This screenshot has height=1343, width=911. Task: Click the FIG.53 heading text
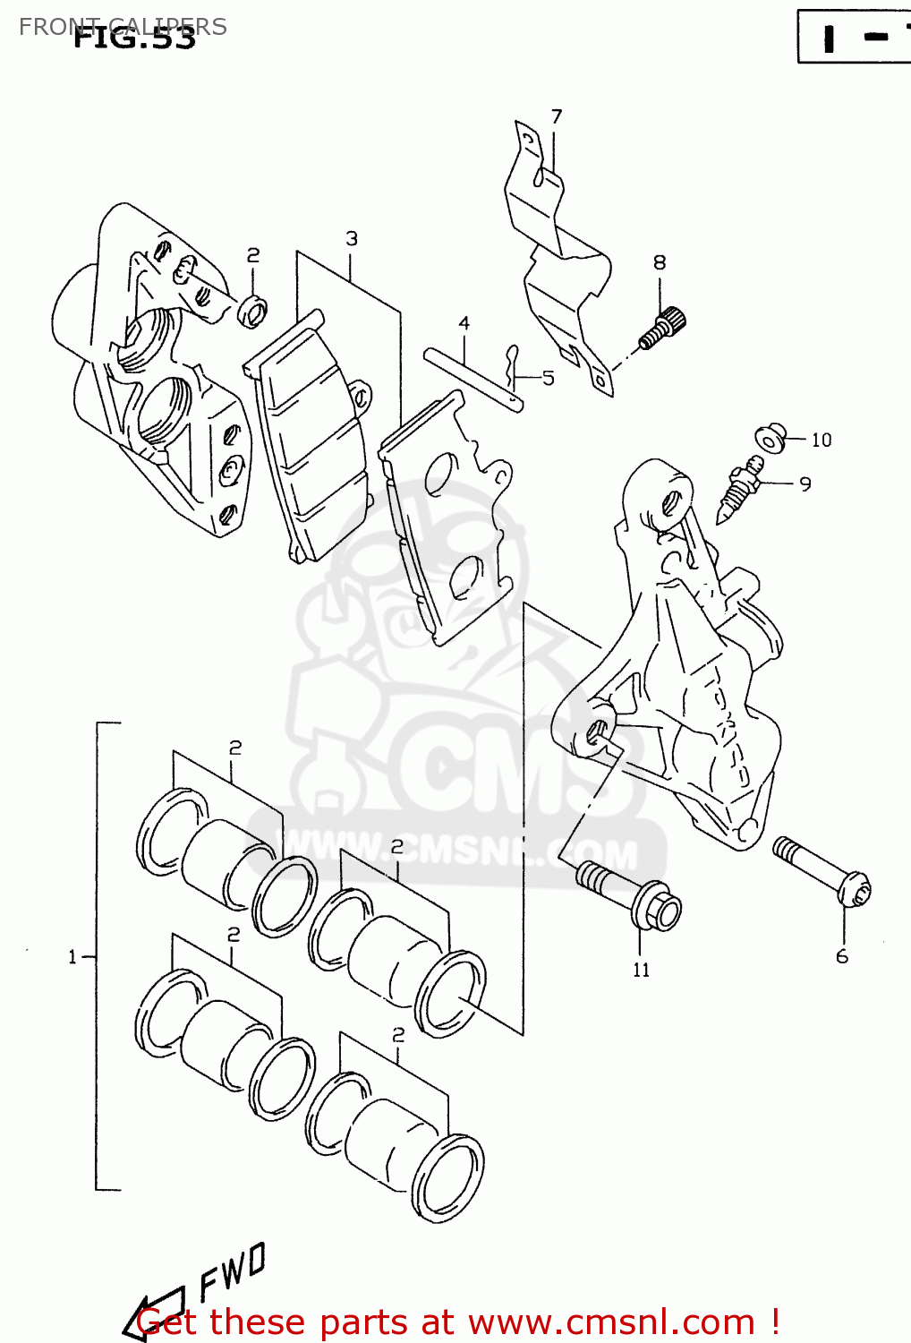[134, 38]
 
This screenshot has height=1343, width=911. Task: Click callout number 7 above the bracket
[557, 116]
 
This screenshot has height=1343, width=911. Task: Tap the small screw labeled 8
[663, 327]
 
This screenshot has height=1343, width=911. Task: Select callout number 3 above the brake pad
[352, 238]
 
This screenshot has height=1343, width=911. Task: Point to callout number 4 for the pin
[464, 323]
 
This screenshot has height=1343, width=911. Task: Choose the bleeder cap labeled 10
[770, 437]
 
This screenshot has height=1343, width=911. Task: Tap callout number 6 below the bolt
[842, 956]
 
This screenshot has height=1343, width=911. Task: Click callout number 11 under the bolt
[641, 970]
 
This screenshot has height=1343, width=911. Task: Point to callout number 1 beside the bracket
[73, 957]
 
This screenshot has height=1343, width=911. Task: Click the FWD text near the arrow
[232, 1270]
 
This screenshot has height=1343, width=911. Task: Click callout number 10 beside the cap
[822, 440]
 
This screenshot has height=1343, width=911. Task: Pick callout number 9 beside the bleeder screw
[805, 484]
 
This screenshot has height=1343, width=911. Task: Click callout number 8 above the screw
[660, 262]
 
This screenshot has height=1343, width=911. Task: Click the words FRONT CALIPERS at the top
[123, 26]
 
